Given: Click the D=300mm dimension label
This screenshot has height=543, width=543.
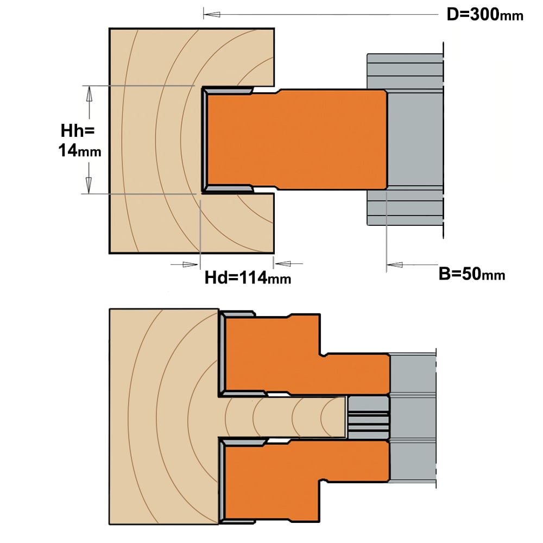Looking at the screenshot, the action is pyautogui.click(x=485, y=15).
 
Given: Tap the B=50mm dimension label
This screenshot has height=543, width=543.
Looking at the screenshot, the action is pyautogui.click(x=472, y=274).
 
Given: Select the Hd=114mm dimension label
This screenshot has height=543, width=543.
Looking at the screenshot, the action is pyautogui.click(x=248, y=277).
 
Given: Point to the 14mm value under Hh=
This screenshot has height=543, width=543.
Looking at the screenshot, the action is pyautogui.click(x=80, y=151).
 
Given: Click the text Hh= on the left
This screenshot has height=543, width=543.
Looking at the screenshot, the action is pyautogui.click(x=78, y=131).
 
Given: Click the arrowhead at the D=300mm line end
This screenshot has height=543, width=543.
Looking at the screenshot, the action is pyautogui.click(x=212, y=15).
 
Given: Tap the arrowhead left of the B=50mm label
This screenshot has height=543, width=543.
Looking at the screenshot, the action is pyautogui.click(x=394, y=265).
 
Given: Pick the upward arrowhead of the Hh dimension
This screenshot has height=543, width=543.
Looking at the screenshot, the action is pyautogui.click(x=90, y=93).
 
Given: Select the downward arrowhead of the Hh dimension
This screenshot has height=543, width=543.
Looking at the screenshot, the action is pyautogui.click(x=89, y=185).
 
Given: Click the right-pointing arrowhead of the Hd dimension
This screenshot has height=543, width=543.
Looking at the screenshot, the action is pyautogui.click(x=190, y=264).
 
